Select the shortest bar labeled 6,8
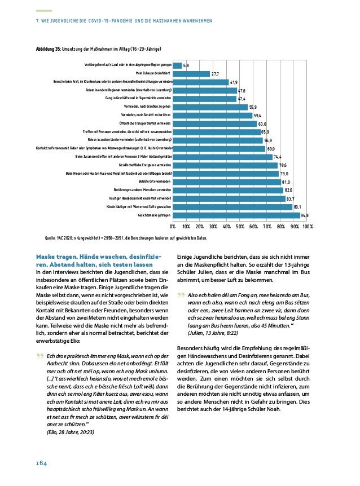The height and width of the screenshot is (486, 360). point(177,65)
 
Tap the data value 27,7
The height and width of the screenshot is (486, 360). point(215,74)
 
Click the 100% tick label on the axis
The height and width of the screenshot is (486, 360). point(307,227)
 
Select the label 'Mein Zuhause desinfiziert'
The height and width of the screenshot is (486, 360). point(153,74)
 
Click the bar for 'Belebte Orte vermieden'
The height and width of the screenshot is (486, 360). point(226,182)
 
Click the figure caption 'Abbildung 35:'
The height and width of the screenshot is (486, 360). point(49,50)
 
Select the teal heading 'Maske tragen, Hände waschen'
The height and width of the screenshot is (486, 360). point(99,257)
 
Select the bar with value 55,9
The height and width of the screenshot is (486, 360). point(210,107)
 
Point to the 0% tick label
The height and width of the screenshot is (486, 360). point(173,227)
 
